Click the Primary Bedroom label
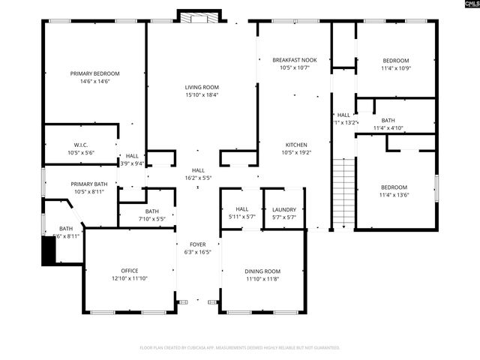(95, 73)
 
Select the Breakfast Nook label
(294, 59)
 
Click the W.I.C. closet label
(81, 145)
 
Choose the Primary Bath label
(89, 184)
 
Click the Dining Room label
(262, 271)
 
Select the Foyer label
(198, 244)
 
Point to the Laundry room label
(284, 210)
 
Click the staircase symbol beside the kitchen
(342, 193)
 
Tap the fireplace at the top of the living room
(199, 16)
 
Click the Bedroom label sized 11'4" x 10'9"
(395, 61)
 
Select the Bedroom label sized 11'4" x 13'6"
(394, 187)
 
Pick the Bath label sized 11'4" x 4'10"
(388, 120)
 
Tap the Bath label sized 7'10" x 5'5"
(152, 211)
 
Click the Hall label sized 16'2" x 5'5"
(198, 170)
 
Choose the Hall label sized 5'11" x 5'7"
(242, 210)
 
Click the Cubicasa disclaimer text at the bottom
(240, 347)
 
